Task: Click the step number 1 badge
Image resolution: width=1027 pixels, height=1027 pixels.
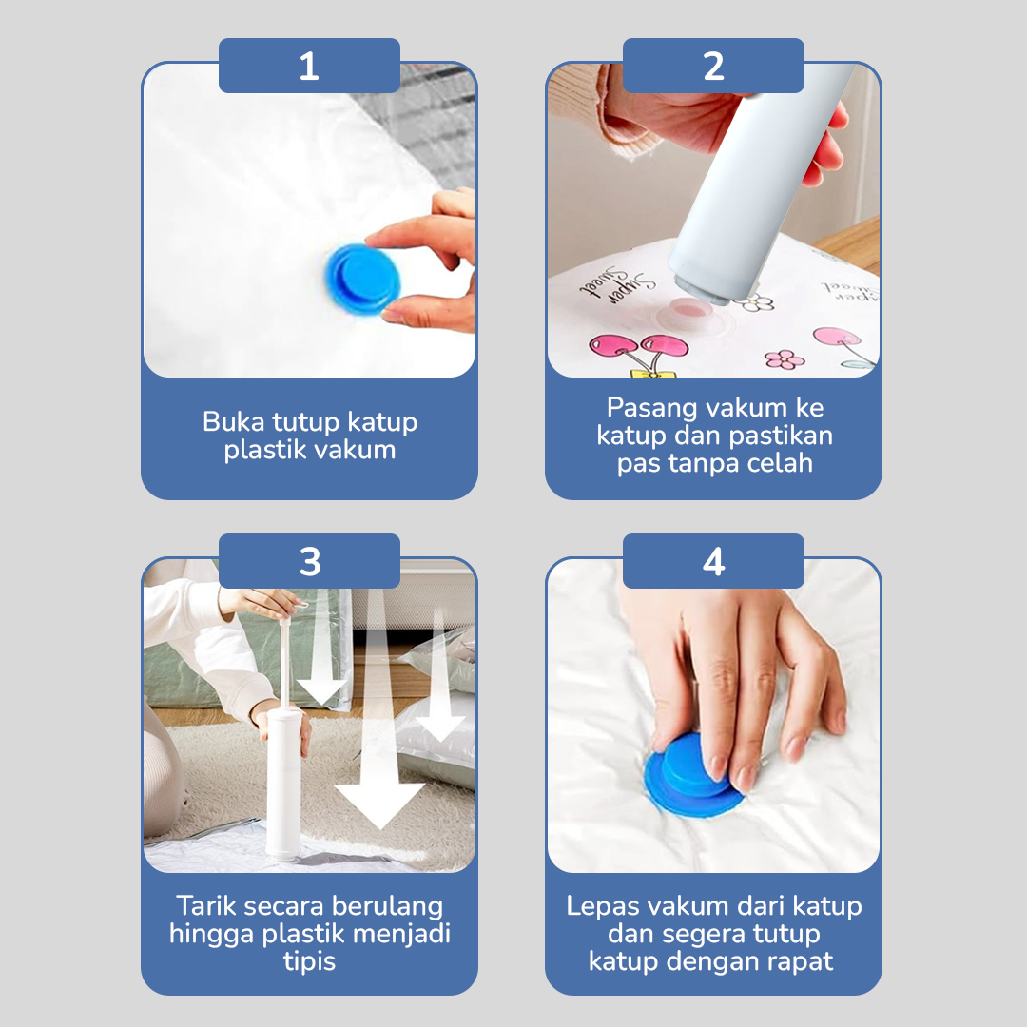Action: (x=309, y=66)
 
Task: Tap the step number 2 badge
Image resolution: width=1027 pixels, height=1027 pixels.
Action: (x=713, y=66)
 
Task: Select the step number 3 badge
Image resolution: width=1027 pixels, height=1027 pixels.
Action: (x=309, y=561)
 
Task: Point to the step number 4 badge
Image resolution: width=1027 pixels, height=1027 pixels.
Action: (x=713, y=561)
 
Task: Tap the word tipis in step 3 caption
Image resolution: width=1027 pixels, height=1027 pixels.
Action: (x=309, y=960)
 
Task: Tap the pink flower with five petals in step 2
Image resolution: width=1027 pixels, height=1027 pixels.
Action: (x=784, y=359)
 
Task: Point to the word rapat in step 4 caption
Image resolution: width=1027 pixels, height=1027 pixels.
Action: (x=800, y=960)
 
